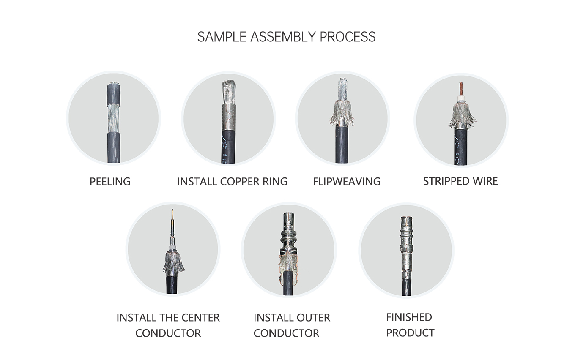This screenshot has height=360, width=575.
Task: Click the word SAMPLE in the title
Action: click(222, 37)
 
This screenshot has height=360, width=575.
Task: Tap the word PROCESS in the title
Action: click(348, 37)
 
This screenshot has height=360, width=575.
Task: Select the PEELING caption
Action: click(110, 182)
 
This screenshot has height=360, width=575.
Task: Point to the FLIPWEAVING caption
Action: click(347, 182)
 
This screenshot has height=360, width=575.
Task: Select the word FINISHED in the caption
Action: click(409, 317)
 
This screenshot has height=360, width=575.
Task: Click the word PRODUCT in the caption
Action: click(410, 333)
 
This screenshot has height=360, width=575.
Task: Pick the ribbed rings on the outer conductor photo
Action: click(290, 236)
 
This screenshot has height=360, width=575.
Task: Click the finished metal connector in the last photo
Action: click(406, 248)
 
